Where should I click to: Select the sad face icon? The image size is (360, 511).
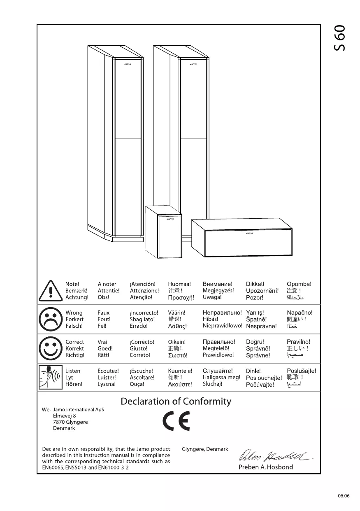(x=50, y=320)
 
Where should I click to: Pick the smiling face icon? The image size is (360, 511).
(x=50, y=348)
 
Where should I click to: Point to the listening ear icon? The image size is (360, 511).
(x=50, y=377)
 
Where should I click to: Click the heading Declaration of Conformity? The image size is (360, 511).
(x=176, y=401)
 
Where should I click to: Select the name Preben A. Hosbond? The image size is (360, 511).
(x=266, y=467)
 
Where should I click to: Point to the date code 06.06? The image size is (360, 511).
(x=344, y=496)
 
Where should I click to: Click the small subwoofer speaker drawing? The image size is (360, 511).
(x=163, y=232)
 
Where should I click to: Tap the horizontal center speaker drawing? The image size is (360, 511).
(x=242, y=238)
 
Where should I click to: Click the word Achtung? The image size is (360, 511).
(x=77, y=297)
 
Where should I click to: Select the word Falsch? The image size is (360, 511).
(x=74, y=326)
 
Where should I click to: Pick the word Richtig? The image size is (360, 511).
(x=75, y=355)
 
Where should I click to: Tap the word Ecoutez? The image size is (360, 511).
(x=108, y=371)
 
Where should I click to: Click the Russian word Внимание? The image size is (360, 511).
(x=218, y=284)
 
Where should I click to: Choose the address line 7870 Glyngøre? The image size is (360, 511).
(x=70, y=422)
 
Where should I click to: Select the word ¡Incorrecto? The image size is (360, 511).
(x=144, y=313)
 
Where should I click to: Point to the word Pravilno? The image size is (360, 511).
(x=299, y=342)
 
